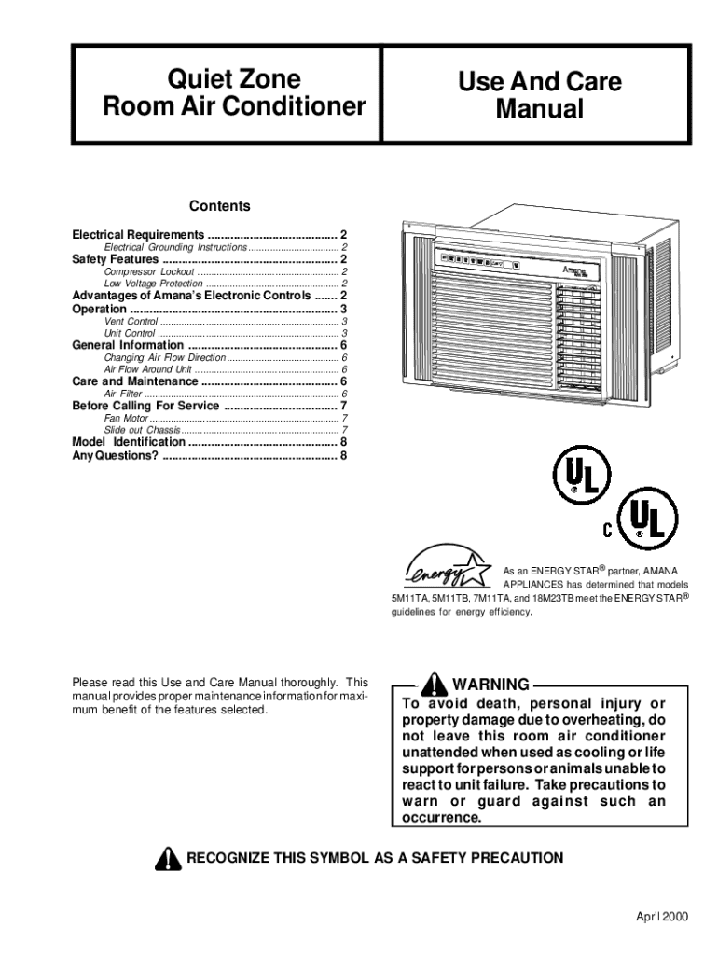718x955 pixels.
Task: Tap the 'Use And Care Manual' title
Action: pyautogui.click(x=539, y=95)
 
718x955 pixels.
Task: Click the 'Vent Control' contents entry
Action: pyautogui.click(x=131, y=321)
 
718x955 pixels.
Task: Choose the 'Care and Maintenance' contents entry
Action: pyautogui.click(x=135, y=381)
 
